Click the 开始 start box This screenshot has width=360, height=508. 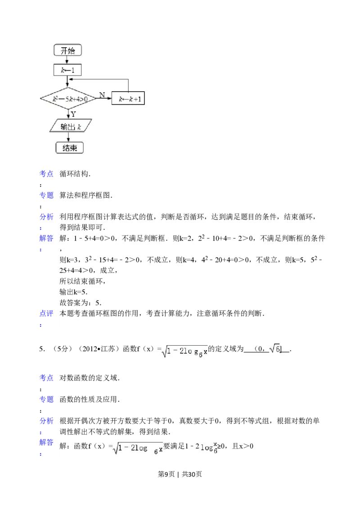(x=67, y=50)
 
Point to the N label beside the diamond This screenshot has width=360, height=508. (x=102, y=95)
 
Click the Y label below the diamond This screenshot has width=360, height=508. (x=73, y=114)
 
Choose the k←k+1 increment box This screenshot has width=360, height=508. (x=129, y=98)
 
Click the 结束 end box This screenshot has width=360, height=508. (x=69, y=147)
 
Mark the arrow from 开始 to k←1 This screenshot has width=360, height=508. (x=67, y=60)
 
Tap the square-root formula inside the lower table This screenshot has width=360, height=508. (x=138, y=448)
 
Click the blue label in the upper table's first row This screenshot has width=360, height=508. (x=47, y=174)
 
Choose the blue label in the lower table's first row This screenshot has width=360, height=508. (x=47, y=379)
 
